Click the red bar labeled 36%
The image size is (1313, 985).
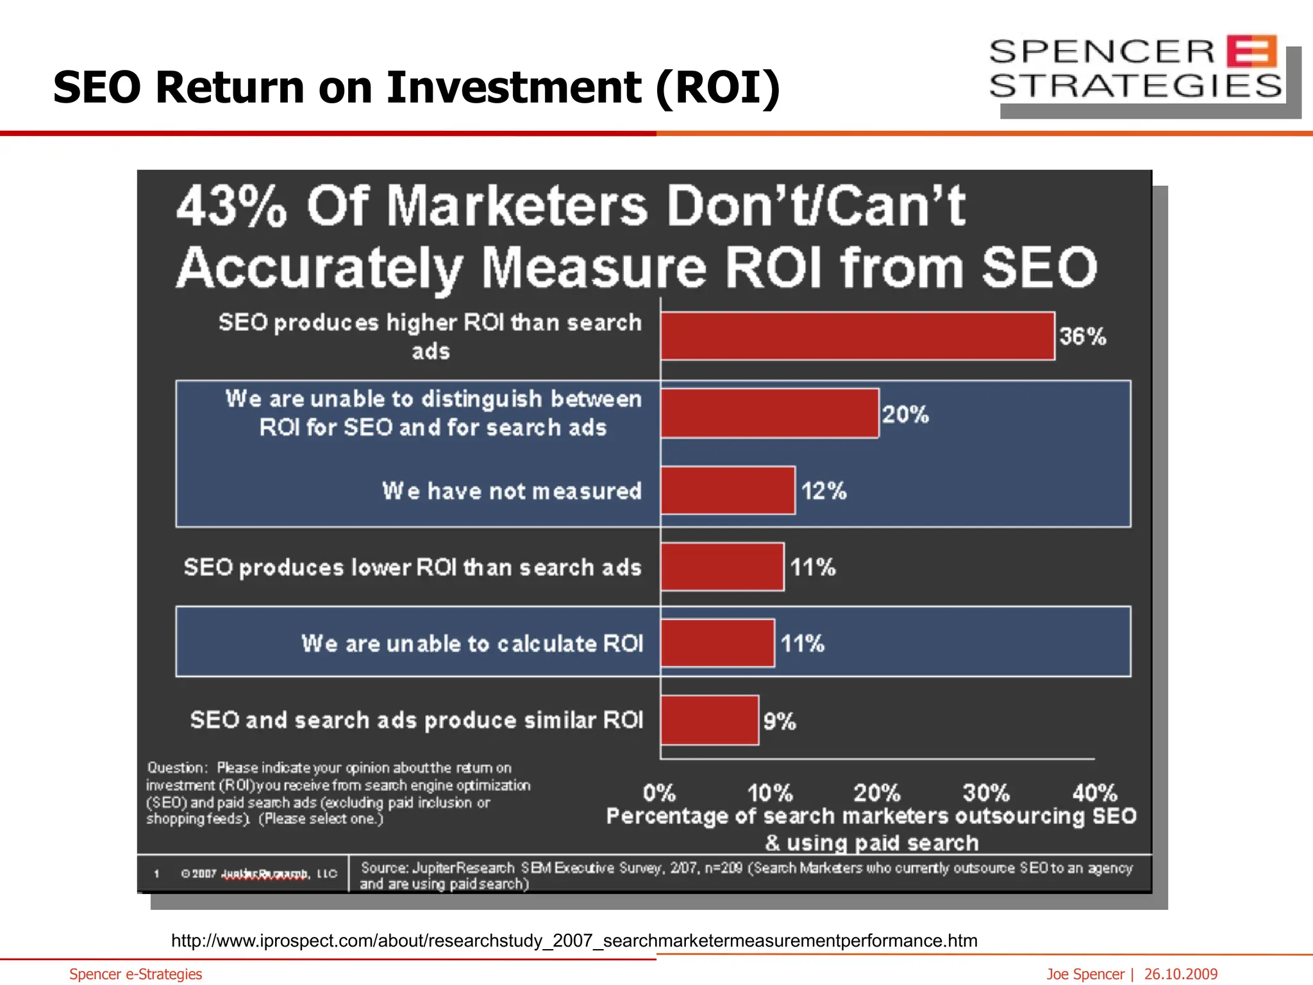coord(857,336)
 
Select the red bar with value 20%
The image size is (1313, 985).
coord(769,414)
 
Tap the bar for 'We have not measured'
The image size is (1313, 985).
coord(728,491)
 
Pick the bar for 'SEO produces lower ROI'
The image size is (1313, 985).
coord(722,567)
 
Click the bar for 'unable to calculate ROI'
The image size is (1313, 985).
coord(717,643)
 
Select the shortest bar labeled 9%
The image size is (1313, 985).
coord(710,720)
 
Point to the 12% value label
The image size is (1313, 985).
coord(824,491)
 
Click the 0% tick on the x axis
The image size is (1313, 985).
coord(660,793)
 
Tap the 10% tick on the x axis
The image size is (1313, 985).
coord(770,793)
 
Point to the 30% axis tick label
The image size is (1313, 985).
coord(986,793)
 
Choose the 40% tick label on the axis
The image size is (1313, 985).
coord(1094,793)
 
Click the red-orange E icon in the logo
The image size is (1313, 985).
coord(1251,51)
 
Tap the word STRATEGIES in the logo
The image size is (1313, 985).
coord(1135,86)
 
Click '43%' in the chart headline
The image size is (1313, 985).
coord(231,206)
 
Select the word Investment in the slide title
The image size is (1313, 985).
coord(513,87)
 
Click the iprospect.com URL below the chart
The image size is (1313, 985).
coord(574,941)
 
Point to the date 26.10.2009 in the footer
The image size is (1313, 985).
coord(1180,974)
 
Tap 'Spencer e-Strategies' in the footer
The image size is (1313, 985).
coord(135,974)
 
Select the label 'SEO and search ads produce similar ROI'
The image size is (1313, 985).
coord(417,720)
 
